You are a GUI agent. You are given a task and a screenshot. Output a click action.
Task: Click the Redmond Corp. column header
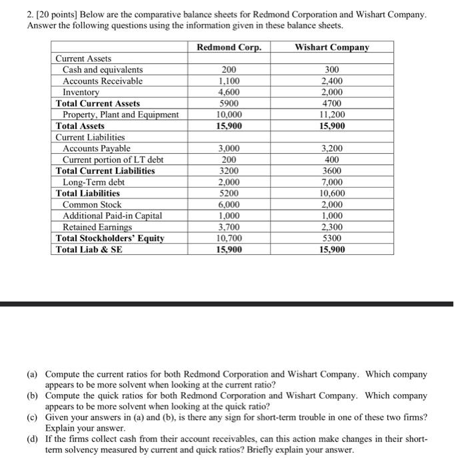(x=229, y=47)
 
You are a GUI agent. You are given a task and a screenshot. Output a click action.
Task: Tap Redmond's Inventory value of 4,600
(x=229, y=93)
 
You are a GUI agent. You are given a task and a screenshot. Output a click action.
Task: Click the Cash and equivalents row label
(x=103, y=70)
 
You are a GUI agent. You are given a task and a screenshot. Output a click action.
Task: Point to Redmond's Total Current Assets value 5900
(x=229, y=103)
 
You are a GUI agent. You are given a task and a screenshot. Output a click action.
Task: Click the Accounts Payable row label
(x=97, y=148)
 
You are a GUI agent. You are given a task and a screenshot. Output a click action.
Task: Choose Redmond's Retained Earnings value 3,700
(x=229, y=227)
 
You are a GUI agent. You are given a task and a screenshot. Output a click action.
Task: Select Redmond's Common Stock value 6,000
(x=229, y=204)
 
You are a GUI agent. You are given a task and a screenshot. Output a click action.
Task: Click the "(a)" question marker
(x=33, y=374)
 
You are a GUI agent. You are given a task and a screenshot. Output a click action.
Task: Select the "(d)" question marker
(x=33, y=439)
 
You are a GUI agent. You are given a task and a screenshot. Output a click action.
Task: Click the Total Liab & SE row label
(x=89, y=250)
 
